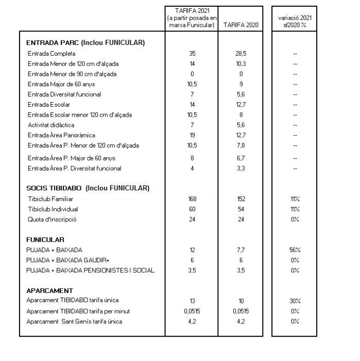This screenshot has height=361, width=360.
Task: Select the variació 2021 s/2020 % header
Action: [295, 21]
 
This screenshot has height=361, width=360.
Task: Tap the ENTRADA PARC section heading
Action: [85, 43]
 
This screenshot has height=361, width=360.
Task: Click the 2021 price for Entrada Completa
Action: [192, 54]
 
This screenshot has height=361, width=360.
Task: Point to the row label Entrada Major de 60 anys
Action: [61, 84]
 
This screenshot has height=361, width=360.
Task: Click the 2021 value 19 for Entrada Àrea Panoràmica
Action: [192, 135]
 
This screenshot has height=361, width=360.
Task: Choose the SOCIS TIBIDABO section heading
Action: [88, 188]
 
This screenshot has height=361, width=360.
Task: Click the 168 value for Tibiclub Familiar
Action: [192, 199]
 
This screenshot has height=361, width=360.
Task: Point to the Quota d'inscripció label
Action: [52, 219]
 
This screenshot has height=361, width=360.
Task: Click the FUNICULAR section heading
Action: [45, 239]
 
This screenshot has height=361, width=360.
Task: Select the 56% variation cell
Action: [295, 250]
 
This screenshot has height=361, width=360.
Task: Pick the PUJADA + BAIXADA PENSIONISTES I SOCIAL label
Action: [90, 270]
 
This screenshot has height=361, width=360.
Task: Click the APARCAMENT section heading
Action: [49, 290]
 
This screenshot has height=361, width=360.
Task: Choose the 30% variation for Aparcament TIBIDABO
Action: [295, 301]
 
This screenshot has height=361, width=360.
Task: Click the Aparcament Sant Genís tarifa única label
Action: [75, 322]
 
